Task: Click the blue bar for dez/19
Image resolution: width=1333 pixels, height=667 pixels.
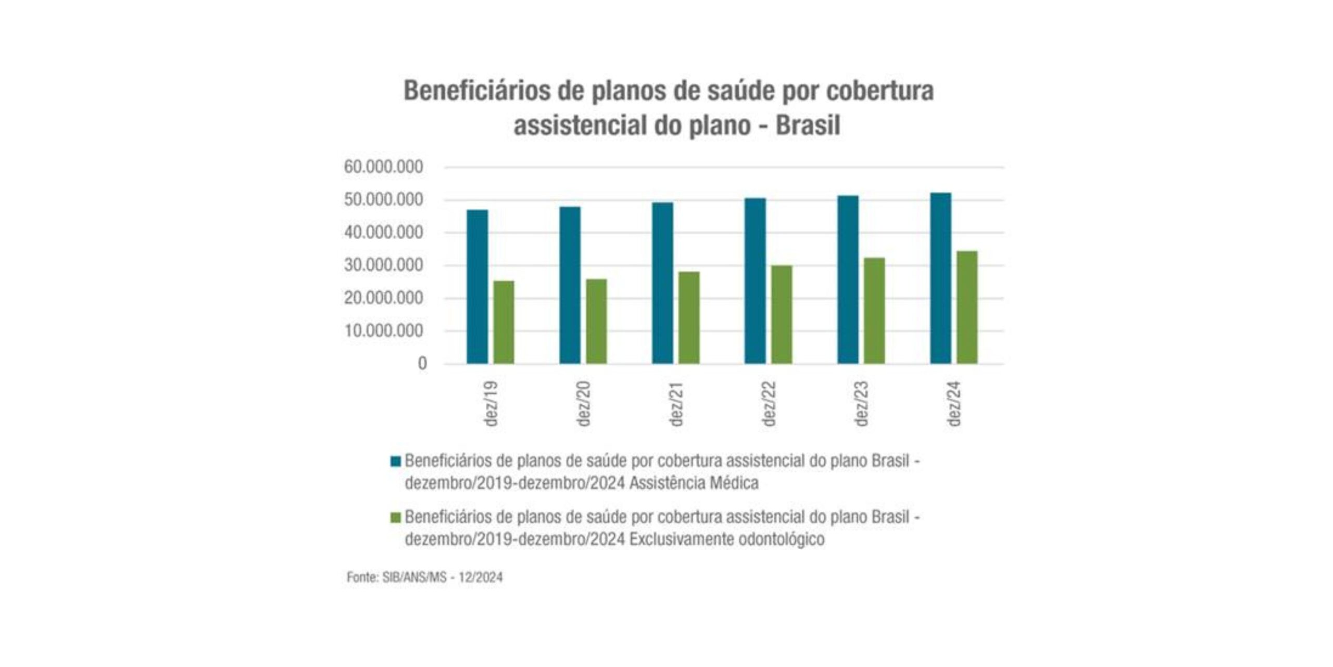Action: pos(477,287)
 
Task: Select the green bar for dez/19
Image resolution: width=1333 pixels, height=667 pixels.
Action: pos(504,322)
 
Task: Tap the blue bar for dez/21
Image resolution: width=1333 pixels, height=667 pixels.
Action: pos(662,283)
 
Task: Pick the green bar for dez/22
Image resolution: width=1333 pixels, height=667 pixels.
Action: pos(782,314)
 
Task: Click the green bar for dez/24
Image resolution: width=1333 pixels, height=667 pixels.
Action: pos(967,307)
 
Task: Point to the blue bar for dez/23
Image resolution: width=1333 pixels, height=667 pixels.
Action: pos(848,279)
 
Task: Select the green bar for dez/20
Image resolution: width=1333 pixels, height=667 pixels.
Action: pos(596,321)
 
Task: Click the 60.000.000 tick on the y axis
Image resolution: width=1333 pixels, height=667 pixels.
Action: pos(384,167)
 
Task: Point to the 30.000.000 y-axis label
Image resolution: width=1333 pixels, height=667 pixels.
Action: pos(384,266)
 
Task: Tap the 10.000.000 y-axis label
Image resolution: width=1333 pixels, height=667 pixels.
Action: pos(384,331)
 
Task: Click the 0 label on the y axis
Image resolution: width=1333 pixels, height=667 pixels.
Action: pos(422,364)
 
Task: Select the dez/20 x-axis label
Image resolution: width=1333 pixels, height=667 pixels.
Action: pos(584,404)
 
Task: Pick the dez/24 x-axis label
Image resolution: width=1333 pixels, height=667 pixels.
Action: pos(954,404)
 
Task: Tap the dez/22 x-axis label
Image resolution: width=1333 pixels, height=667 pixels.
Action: pos(769,404)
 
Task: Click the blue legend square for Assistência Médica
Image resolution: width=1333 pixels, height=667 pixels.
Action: pos(396,461)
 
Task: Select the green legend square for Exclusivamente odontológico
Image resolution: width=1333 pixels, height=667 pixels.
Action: pos(396,517)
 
